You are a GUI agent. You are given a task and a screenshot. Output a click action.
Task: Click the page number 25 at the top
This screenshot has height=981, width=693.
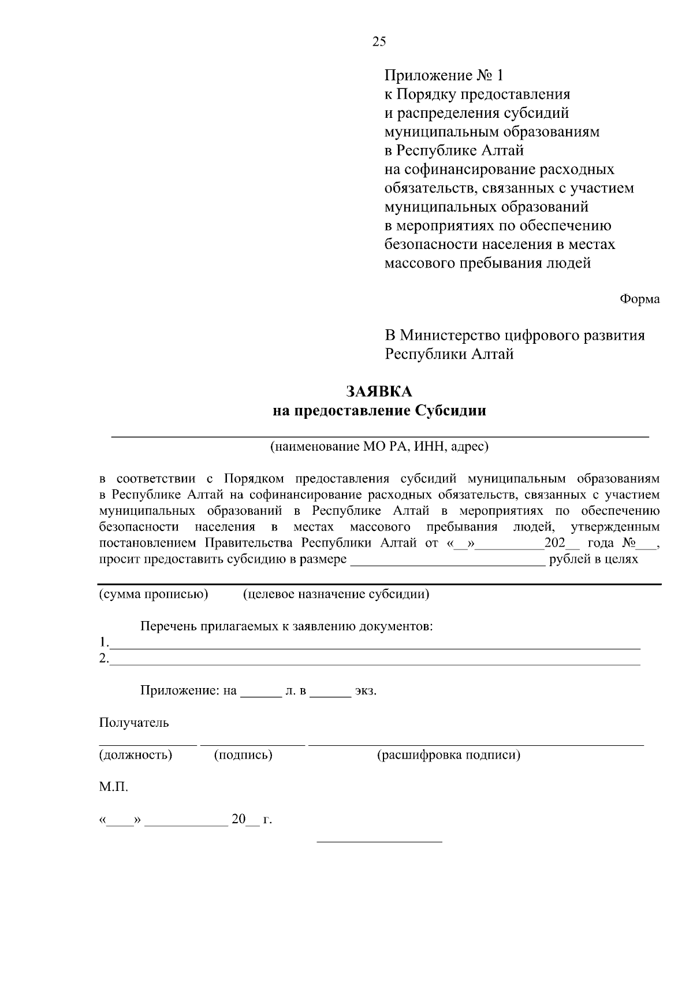tap(379, 41)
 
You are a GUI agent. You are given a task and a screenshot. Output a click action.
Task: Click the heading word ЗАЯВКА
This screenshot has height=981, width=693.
tap(379, 392)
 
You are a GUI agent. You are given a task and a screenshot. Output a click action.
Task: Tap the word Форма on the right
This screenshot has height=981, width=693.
tap(639, 299)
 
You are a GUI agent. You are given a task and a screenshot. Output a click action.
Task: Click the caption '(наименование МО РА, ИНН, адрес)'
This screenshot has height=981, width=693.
tap(378, 447)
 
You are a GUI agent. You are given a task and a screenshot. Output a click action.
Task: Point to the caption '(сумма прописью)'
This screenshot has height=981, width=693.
tap(154, 594)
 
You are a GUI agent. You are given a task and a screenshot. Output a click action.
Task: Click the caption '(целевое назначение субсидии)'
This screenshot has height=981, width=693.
tap(336, 594)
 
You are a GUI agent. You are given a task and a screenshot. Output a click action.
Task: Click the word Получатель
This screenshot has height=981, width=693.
tap(134, 723)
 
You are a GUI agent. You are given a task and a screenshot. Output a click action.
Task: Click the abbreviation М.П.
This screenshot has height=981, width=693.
tap(114, 787)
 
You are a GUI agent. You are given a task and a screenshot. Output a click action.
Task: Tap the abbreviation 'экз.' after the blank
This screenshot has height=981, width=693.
tap(366, 691)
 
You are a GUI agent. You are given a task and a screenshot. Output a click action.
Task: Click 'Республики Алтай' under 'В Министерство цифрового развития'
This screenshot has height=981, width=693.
tap(449, 354)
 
